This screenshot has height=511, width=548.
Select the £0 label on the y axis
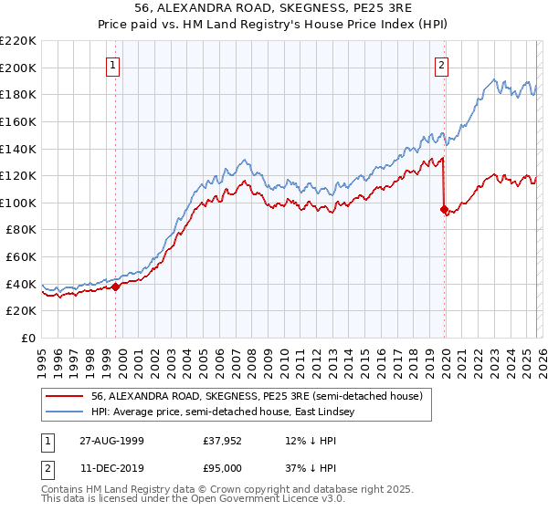[x=27, y=338]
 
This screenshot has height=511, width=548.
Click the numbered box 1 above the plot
[x=113, y=65]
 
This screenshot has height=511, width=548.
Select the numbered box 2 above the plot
[x=441, y=65]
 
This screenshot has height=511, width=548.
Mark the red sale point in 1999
[x=116, y=287]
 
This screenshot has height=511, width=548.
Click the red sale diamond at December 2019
[x=444, y=209]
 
